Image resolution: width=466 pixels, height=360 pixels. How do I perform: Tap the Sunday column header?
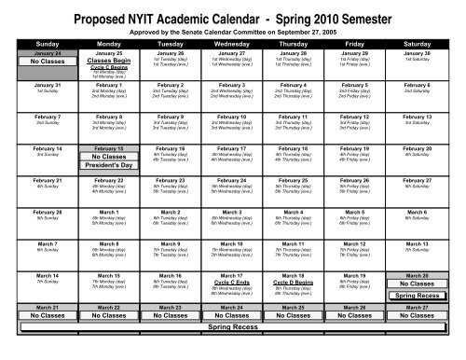pyautogui.click(x=33, y=43)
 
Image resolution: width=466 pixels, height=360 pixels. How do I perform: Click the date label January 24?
pyautogui.click(x=33, y=54)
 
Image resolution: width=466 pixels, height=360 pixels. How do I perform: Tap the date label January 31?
pyautogui.click(x=33, y=85)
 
